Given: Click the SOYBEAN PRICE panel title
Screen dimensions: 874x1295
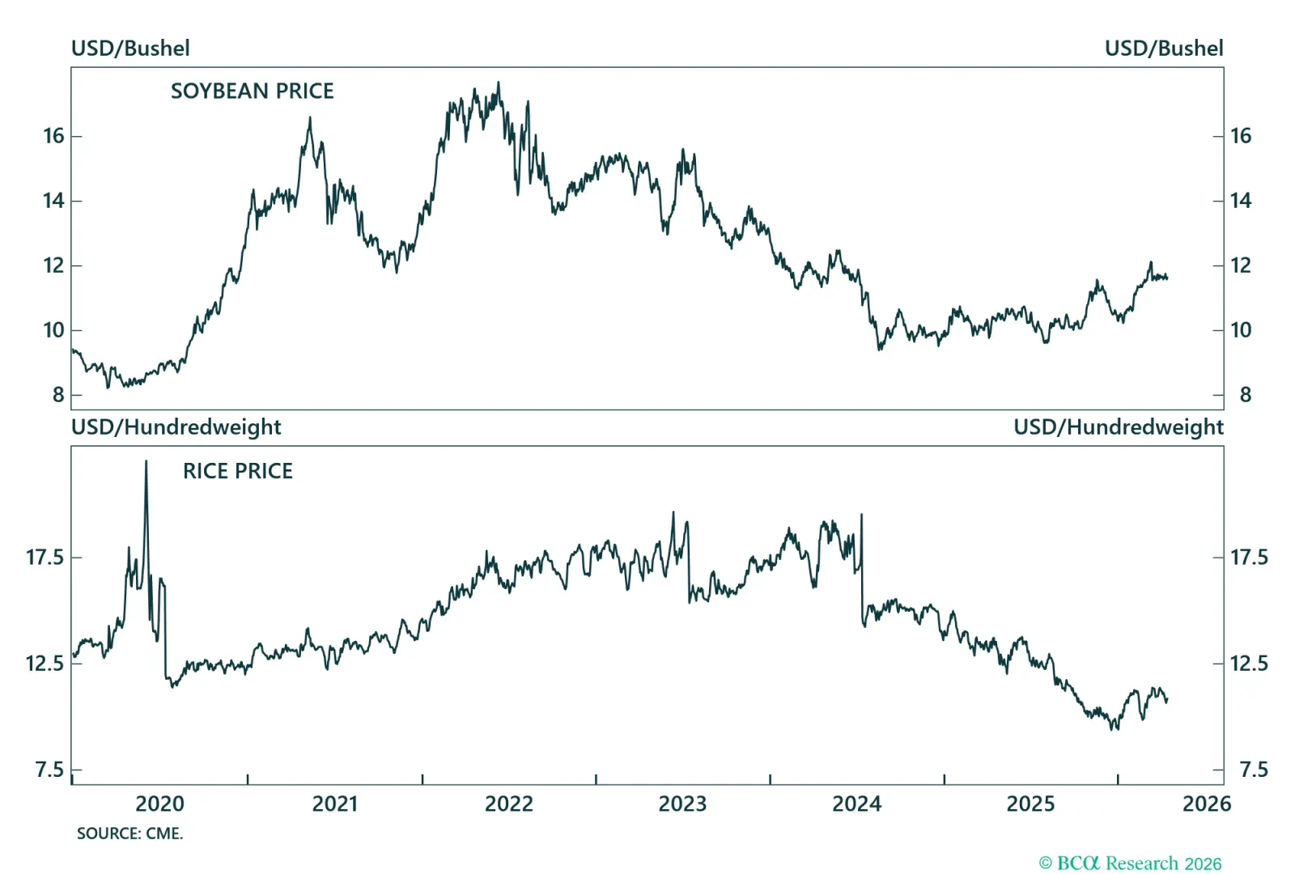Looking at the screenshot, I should [252, 91].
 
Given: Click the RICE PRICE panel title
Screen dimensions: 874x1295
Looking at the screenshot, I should [237, 471].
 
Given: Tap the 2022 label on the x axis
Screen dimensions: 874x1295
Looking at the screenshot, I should [508, 804].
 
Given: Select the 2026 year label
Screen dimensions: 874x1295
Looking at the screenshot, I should [1206, 804].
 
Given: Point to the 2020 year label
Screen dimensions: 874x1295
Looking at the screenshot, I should [159, 804].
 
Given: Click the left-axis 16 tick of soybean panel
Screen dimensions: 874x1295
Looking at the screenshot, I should [53, 136].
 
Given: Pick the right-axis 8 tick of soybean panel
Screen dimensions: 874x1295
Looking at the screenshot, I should [1245, 395].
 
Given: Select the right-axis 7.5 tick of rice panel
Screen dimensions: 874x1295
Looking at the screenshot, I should [1253, 770].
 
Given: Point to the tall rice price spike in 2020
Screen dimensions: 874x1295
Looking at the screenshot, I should [146, 462].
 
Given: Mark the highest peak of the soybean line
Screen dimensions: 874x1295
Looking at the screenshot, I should [498, 83].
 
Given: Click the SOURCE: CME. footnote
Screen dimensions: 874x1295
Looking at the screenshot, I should [129, 834].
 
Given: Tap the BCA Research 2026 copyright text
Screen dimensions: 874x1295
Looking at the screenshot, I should [1130, 863].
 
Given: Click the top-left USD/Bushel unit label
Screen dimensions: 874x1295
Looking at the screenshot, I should [130, 49].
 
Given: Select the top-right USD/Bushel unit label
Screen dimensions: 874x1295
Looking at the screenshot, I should [1163, 49].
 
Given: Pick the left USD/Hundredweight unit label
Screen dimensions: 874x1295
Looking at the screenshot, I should [176, 427].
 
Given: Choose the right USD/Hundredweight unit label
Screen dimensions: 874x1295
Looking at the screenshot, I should [1118, 427].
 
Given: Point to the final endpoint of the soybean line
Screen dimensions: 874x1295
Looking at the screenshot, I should [1166, 278].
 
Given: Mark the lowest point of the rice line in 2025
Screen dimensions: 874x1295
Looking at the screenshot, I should [1115, 728].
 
